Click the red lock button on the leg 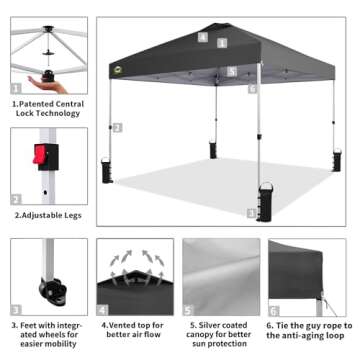click(41, 155)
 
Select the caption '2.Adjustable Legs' click(46, 214)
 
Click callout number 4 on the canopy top click(203, 37)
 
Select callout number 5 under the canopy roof click(232, 72)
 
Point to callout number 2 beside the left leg click(117, 128)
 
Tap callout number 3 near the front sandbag click(251, 213)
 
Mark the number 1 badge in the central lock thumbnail click(17, 86)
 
